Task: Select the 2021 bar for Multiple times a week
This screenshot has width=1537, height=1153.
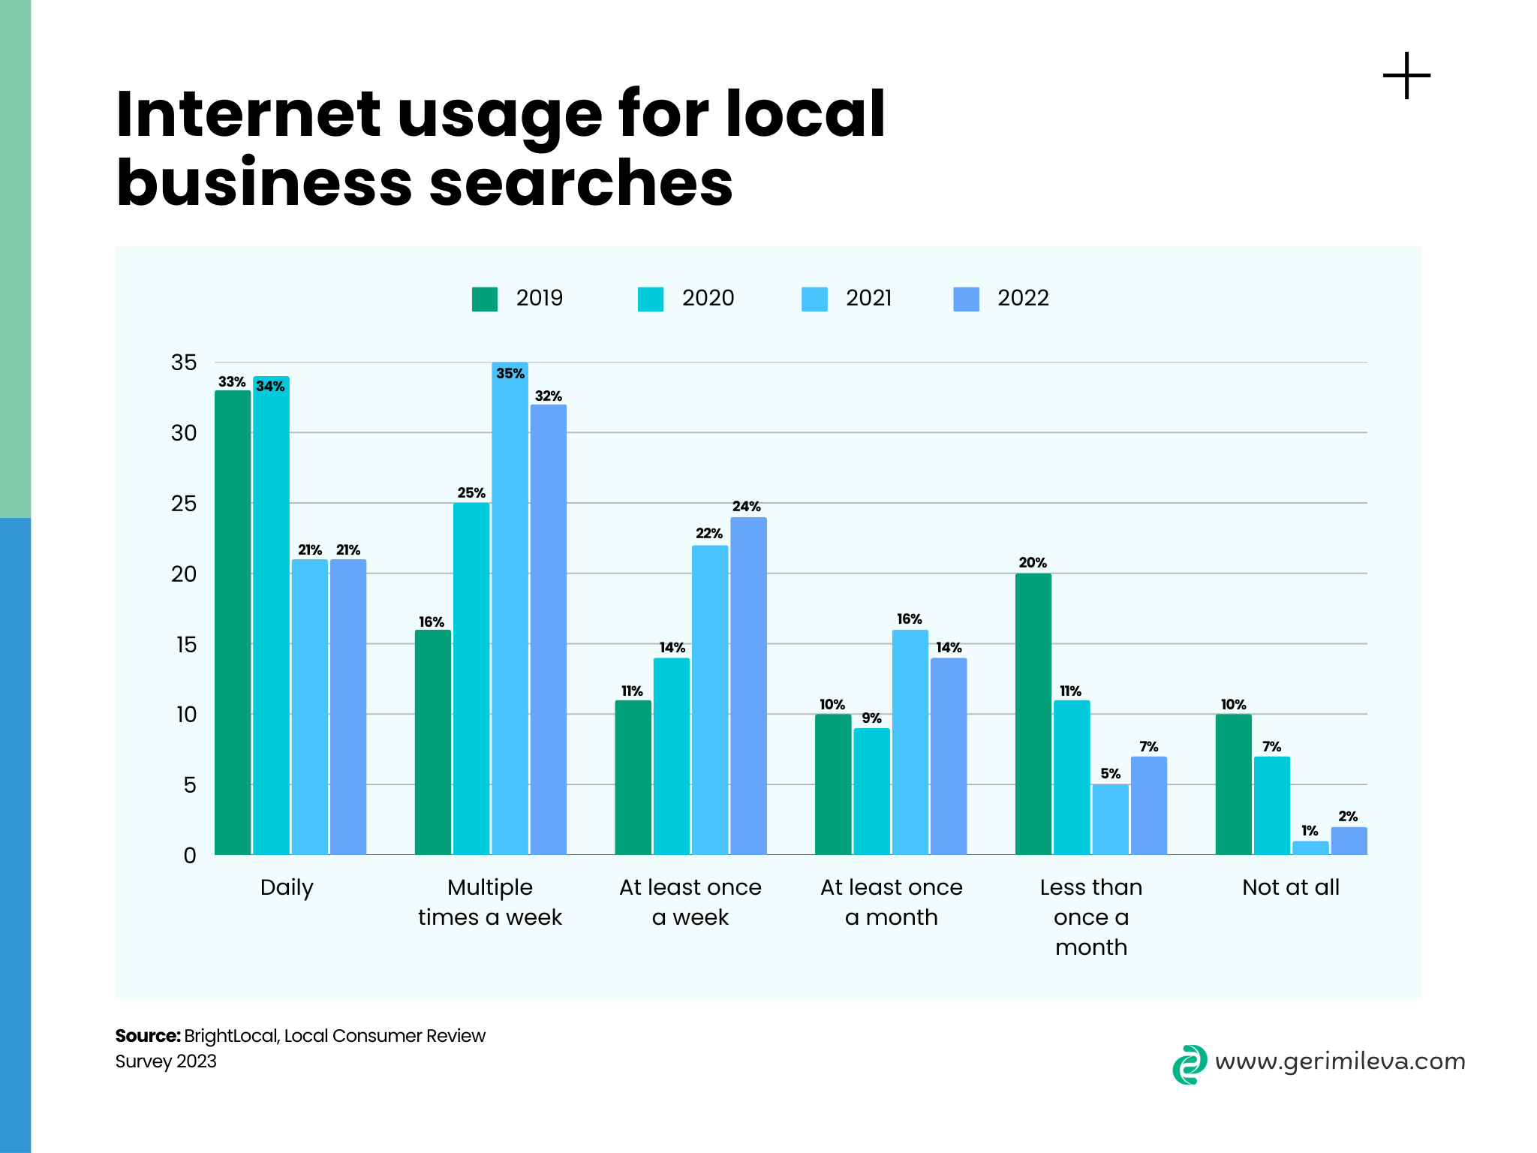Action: pos(510,608)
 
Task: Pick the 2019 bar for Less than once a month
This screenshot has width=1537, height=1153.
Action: pos(1033,713)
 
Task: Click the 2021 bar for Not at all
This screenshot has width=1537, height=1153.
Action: pos(1310,847)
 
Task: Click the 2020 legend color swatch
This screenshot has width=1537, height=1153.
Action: pos(650,299)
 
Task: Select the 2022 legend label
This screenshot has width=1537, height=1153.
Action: pos(1022,298)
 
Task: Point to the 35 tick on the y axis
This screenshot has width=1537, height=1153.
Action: pos(184,363)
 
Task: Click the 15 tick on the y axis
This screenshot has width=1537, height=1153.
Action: pos(186,644)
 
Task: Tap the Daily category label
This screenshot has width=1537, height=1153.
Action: pos(287,887)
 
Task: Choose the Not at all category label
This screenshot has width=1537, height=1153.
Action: pos(1290,887)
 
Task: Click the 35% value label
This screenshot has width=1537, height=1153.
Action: pos(510,373)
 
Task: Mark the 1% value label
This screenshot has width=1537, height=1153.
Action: pos(1310,830)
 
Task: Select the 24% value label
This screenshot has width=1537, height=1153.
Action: pos(747,507)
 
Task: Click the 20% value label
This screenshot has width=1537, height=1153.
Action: pos(1033,562)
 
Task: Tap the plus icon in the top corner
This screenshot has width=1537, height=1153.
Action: pos(1406,76)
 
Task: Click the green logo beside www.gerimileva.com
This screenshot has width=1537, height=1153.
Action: pos(1190,1064)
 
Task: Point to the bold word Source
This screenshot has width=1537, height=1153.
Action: pos(147,1036)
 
